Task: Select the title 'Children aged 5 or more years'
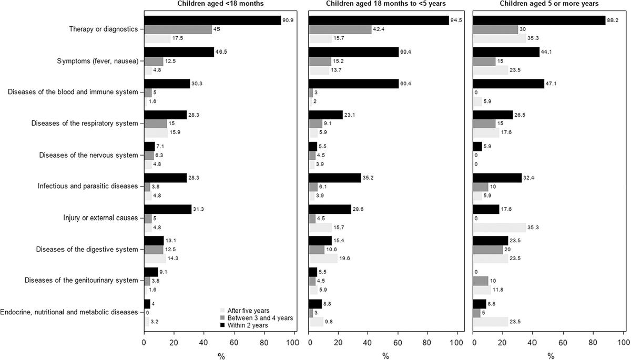click(x=548, y=4)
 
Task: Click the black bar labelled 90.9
click(x=212, y=20)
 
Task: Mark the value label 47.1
click(x=551, y=83)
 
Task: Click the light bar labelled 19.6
click(x=323, y=259)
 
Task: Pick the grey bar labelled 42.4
click(x=340, y=29)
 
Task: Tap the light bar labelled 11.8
click(x=482, y=290)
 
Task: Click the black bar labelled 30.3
click(x=167, y=83)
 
